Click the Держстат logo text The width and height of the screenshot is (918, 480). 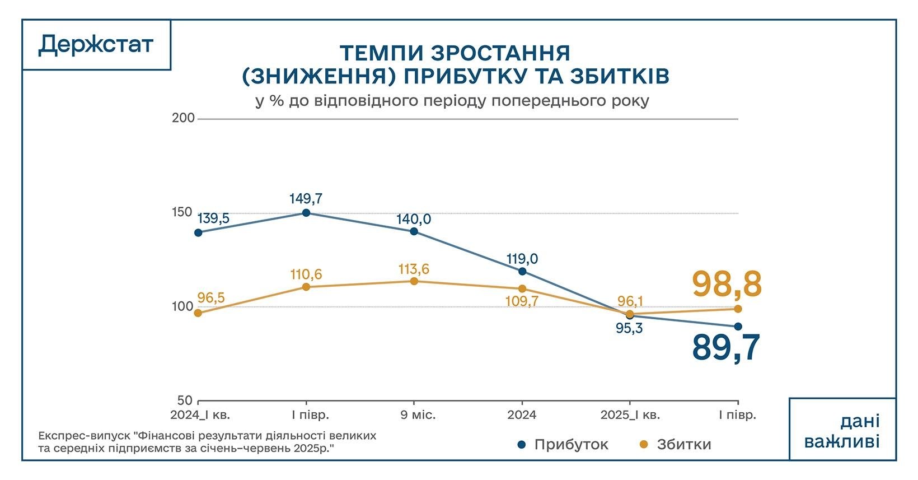point(96,45)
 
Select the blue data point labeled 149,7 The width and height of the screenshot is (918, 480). point(306,213)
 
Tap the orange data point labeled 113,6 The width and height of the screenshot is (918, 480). point(414,281)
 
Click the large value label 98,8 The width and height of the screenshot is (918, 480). point(727,285)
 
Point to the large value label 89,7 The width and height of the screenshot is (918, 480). point(726,348)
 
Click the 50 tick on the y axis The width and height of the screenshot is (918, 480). point(185,401)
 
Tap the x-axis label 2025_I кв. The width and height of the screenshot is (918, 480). point(630,415)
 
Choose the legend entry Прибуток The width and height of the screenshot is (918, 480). point(570,445)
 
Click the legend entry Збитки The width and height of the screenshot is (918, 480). point(683,445)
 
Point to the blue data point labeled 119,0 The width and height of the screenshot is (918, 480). point(522,271)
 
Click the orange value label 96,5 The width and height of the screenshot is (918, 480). point(211,298)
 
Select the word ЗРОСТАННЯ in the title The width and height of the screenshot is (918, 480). point(501,53)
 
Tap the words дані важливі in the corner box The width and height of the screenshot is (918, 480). point(842,432)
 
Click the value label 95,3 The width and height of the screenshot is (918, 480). point(629,328)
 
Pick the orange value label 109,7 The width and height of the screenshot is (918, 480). point(521,301)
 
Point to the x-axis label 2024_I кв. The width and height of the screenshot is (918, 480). point(200,415)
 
